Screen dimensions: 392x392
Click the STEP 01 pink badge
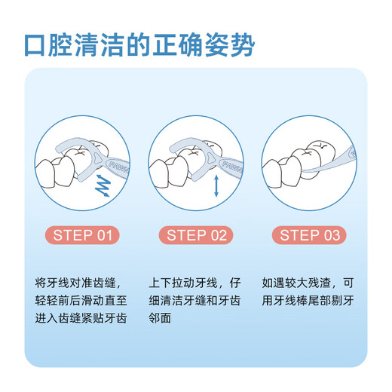83,235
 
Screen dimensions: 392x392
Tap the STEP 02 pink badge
196,235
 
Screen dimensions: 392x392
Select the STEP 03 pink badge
310,235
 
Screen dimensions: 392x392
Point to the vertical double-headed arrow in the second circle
216,185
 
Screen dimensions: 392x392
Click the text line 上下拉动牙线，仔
196,283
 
